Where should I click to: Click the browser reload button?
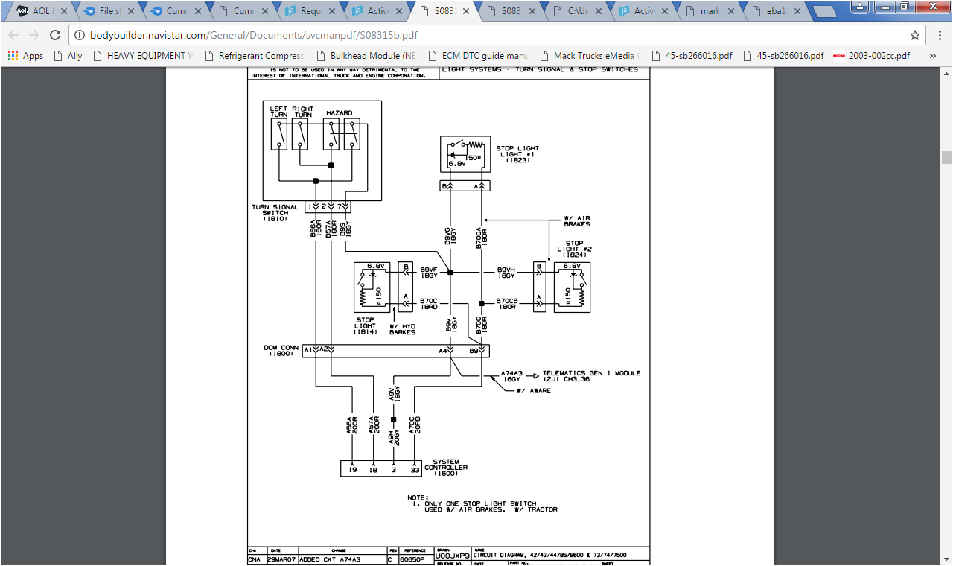coord(55,35)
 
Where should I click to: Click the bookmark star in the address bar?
coord(915,35)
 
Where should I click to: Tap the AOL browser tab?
coord(38,11)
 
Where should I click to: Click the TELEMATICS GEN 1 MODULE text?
coord(591,373)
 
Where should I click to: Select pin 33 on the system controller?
coord(415,470)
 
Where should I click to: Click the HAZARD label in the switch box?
coord(339,113)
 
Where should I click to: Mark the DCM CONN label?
coord(281,350)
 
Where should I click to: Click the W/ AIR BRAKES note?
coord(577,221)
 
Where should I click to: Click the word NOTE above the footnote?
coord(418,497)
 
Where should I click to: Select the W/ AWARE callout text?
coord(534,390)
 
